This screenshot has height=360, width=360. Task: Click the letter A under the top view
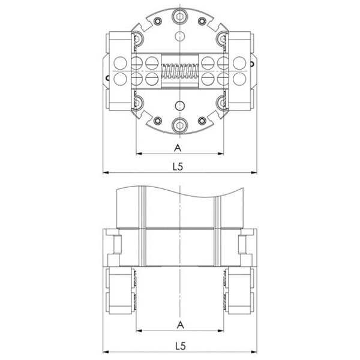178,148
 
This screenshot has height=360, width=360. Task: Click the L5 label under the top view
178,167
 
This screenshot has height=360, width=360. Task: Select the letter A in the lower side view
181,325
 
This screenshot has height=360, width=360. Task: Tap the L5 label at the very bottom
181,346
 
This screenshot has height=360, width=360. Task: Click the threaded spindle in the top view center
180,71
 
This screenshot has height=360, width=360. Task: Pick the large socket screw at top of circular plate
180,16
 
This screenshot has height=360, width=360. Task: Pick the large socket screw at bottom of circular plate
180,125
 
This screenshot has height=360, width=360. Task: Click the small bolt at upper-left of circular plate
157,22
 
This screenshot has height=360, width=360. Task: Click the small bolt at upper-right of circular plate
202,22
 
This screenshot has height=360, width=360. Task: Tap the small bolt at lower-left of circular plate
158,121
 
